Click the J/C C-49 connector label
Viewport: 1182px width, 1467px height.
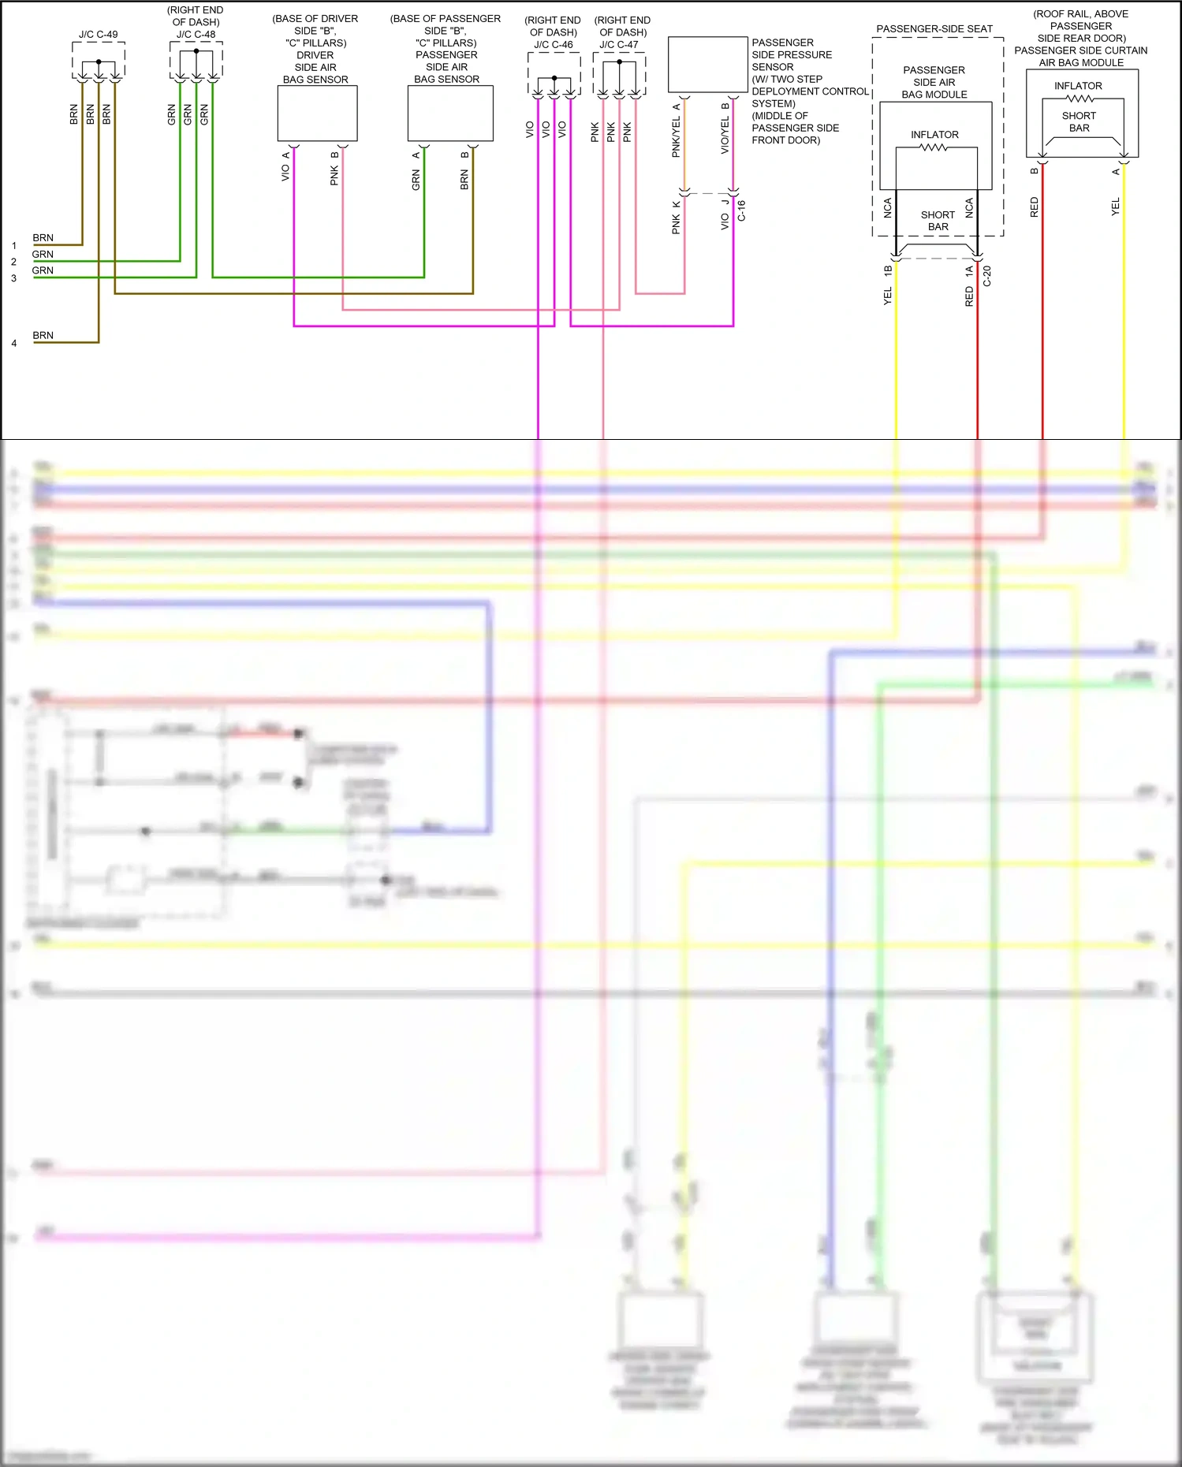[98, 34]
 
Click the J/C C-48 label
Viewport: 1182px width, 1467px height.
[196, 34]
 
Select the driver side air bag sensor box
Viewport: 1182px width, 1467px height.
[317, 114]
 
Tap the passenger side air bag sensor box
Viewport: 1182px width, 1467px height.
[450, 114]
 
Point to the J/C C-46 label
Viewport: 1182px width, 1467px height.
[554, 44]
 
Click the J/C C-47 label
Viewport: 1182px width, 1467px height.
[619, 44]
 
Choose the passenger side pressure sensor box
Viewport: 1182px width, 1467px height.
[707, 65]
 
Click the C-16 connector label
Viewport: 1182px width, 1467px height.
[741, 210]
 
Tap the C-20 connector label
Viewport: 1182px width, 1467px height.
[986, 276]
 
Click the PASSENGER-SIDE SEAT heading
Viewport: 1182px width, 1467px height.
[934, 28]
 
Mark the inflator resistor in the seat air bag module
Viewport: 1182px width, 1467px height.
[934, 147]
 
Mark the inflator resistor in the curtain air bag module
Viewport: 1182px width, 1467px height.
[1079, 99]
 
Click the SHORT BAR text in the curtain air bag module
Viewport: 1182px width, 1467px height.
[1079, 121]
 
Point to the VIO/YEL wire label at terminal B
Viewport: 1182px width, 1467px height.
[725, 135]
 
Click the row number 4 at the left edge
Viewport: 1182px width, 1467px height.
[14, 343]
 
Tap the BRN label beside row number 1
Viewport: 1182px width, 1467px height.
[43, 237]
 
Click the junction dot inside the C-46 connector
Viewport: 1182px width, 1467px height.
[554, 78]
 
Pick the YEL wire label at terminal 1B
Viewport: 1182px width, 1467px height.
[888, 296]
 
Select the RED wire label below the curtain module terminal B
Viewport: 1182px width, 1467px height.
[1035, 207]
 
